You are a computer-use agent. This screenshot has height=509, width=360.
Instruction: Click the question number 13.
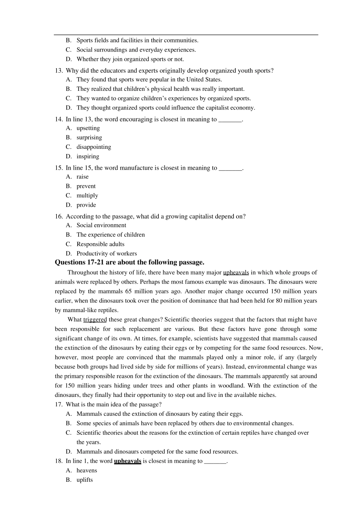pos(58,70)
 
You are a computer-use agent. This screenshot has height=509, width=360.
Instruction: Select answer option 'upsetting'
pos(88,128)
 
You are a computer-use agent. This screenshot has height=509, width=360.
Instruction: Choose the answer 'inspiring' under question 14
pos(88,156)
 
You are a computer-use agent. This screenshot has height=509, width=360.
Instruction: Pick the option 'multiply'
pos(87,195)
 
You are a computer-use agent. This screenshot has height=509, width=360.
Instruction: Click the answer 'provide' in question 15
pos(86,205)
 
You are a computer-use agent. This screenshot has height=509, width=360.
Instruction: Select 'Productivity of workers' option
pos(106,253)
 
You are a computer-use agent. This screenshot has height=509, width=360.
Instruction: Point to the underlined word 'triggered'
pos(95,320)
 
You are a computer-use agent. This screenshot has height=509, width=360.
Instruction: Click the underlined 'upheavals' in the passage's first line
pos(236,272)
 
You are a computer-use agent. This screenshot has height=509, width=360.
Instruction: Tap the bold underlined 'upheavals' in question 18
pos(127,461)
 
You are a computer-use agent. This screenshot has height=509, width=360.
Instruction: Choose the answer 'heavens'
pos(87,470)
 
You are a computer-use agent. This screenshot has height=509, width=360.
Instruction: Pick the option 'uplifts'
pos(85,480)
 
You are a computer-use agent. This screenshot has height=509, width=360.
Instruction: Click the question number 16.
pos(58,216)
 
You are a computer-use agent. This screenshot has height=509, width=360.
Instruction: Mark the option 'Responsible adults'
pos(100,244)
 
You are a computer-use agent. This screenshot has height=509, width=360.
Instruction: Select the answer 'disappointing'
pos(94,147)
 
